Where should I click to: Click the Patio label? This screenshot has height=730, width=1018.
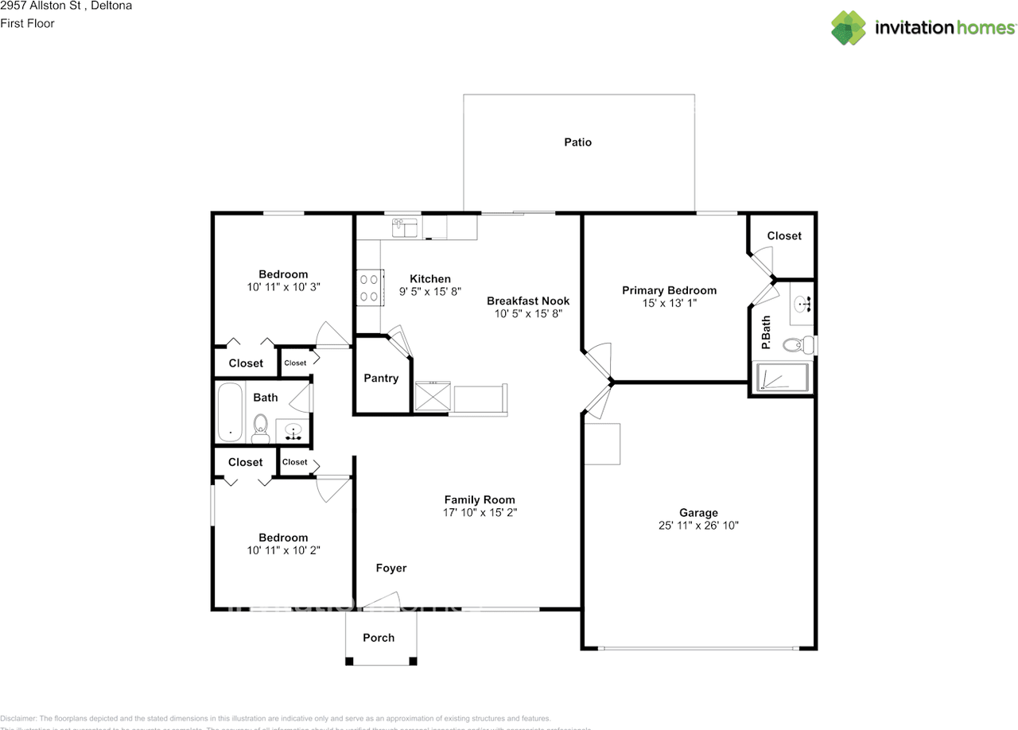577,142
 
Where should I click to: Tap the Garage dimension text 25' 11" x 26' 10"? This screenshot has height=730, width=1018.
698,526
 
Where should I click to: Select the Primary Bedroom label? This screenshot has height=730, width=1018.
669,290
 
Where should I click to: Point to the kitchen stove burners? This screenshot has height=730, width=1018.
369,287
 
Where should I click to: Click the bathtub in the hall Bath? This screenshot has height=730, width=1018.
230,413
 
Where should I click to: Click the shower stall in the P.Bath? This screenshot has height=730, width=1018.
782,378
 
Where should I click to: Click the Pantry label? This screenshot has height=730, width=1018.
381,378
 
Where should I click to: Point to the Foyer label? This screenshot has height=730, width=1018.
390,568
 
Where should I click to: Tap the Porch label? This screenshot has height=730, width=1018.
379,638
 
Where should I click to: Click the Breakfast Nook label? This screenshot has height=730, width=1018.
528,301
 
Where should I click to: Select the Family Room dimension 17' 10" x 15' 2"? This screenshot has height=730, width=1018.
480,513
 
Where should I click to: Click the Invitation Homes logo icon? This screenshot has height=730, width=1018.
848,28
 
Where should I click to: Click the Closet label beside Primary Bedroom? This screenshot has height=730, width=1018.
783,235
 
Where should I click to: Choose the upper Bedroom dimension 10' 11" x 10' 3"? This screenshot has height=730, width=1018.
283,287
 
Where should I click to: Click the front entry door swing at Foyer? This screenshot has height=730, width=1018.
382,601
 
